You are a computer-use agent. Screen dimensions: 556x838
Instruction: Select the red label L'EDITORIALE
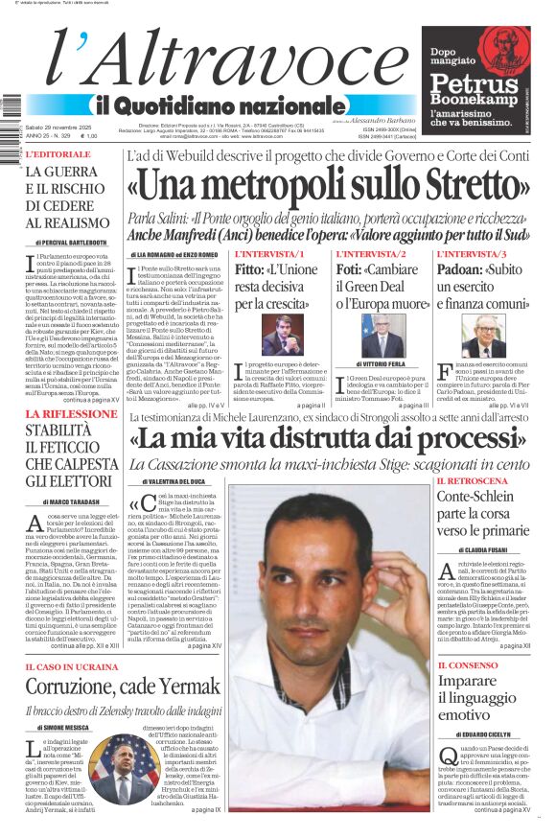pos(58,153)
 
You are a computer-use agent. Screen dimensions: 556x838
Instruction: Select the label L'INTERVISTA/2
pos(371,254)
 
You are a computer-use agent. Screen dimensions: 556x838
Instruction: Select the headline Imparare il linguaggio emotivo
pos(479,697)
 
